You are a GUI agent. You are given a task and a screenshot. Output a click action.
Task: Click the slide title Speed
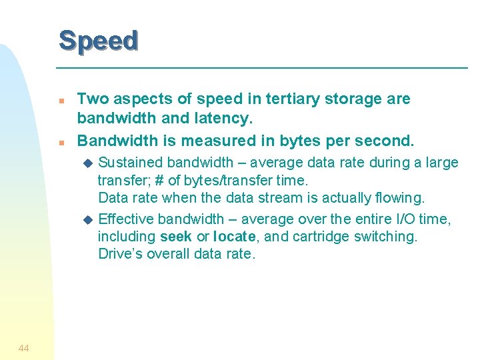pos(98,41)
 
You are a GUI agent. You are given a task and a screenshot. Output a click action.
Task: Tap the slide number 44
pos(23,347)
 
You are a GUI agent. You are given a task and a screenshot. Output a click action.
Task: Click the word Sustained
pos(131,162)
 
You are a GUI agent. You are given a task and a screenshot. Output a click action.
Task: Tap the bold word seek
pos(175,237)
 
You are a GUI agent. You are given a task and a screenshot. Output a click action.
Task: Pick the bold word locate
pos(235,237)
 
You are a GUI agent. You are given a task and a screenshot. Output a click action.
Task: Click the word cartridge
pos(317,237)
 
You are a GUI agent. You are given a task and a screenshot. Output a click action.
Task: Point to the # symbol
pos(159,180)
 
